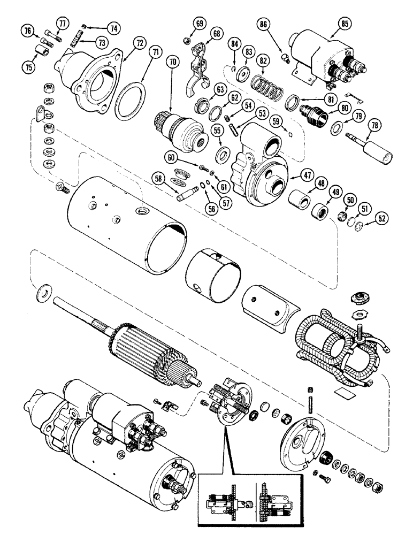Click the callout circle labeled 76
[26, 31]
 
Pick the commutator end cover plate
[300, 433]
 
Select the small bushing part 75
[41, 53]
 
